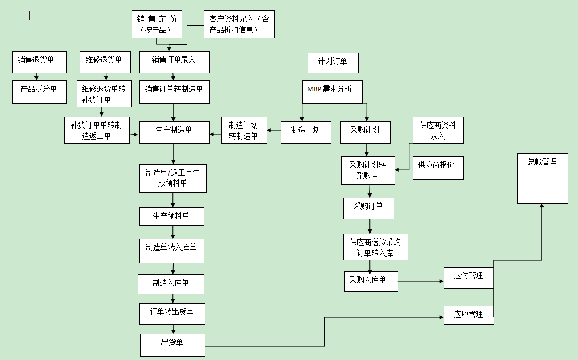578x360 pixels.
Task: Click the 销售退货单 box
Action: tap(40, 62)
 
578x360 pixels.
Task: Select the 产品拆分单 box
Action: tap(40, 91)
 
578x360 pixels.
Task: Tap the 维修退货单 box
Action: tap(105, 62)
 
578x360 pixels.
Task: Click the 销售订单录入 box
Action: tap(174, 62)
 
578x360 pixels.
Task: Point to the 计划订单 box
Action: tap(333, 63)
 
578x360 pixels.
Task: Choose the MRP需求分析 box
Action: tap(332, 91)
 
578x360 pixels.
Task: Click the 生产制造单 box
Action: tap(174, 132)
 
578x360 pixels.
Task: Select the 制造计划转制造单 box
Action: tap(244, 131)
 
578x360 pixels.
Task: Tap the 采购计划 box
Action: tap(366, 132)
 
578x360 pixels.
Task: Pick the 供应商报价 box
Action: tap(438, 168)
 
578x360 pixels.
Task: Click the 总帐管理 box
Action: tap(542, 178)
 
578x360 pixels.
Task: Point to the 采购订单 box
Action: tap(368, 208)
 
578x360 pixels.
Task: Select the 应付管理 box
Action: tap(469, 277)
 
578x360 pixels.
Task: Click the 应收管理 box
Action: tap(469, 315)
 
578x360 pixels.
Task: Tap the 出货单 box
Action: tap(172, 345)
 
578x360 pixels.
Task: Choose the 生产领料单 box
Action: tap(171, 216)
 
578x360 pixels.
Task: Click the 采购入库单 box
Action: tap(371, 281)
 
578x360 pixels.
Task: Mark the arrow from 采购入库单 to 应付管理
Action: tap(421, 281)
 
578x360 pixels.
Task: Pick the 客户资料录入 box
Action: tap(239, 25)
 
